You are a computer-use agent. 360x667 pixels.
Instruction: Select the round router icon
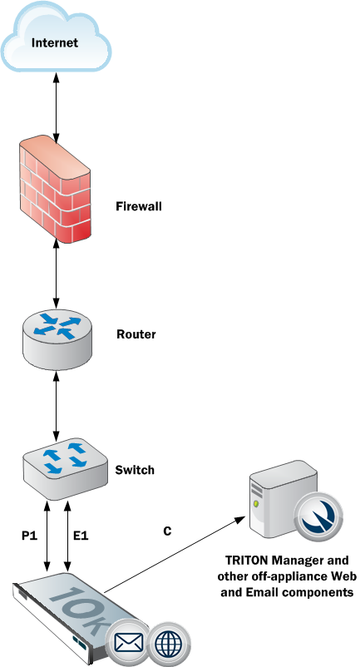tap(56, 336)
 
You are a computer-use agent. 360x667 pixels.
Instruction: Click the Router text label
tap(136, 335)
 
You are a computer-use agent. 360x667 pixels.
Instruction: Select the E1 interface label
tap(81, 536)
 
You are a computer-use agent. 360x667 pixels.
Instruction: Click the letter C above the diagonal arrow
tap(167, 530)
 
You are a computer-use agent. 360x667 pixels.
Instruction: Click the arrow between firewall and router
tap(56, 275)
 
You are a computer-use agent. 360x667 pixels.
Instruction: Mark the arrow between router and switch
tap(56, 404)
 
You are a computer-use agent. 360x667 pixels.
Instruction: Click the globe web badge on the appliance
tap(173, 642)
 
